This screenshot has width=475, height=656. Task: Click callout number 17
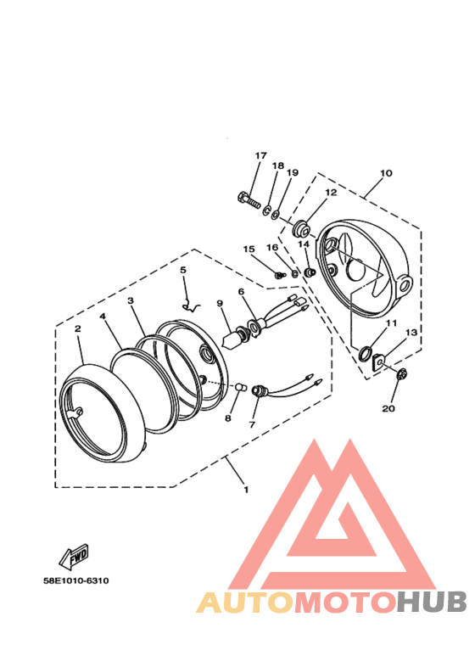pyautogui.click(x=260, y=156)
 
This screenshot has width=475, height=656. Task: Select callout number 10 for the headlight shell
pyautogui.click(x=386, y=173)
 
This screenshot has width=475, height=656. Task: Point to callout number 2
pyautogui.click(x=77, y=328)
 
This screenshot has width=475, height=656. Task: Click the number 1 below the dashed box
pyautogui.click(x=246, y=490)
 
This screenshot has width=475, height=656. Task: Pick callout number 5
pyautogui.click(x=182, y=270)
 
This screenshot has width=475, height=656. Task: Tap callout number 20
pyautogui.click(x=388, y=408)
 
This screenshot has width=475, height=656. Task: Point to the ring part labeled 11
pyautogui.click(x=364, y=352)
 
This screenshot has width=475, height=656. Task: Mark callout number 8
pyautogui.click(x=226, y=418)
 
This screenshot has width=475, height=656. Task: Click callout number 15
pyautogui.click(x=249, y=249)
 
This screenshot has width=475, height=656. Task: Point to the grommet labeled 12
pyautogui.click(x=301, y=228)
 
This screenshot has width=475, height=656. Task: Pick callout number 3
pyautogui.click(x=131, y=300)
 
